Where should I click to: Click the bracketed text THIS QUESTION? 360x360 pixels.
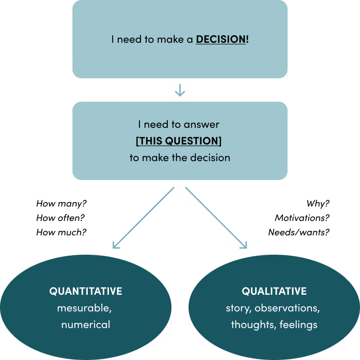point(179,141)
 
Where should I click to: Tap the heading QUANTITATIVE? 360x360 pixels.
point(85,291)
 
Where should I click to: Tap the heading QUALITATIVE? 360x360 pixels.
point(274,291)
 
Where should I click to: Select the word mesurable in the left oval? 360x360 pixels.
point(84,308)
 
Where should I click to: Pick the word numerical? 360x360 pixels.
point(85,324)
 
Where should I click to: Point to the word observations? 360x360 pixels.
point(288,308)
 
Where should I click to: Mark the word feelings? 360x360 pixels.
point(298,324)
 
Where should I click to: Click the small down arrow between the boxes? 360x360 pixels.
point(180,91)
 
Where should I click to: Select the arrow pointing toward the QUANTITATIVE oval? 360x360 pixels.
point(143,218)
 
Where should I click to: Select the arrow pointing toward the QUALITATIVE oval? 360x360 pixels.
point(216,218)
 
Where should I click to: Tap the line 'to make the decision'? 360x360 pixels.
point(180,158)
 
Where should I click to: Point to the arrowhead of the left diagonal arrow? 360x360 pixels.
point(115,246)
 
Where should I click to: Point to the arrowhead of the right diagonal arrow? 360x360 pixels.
point(245,246)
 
